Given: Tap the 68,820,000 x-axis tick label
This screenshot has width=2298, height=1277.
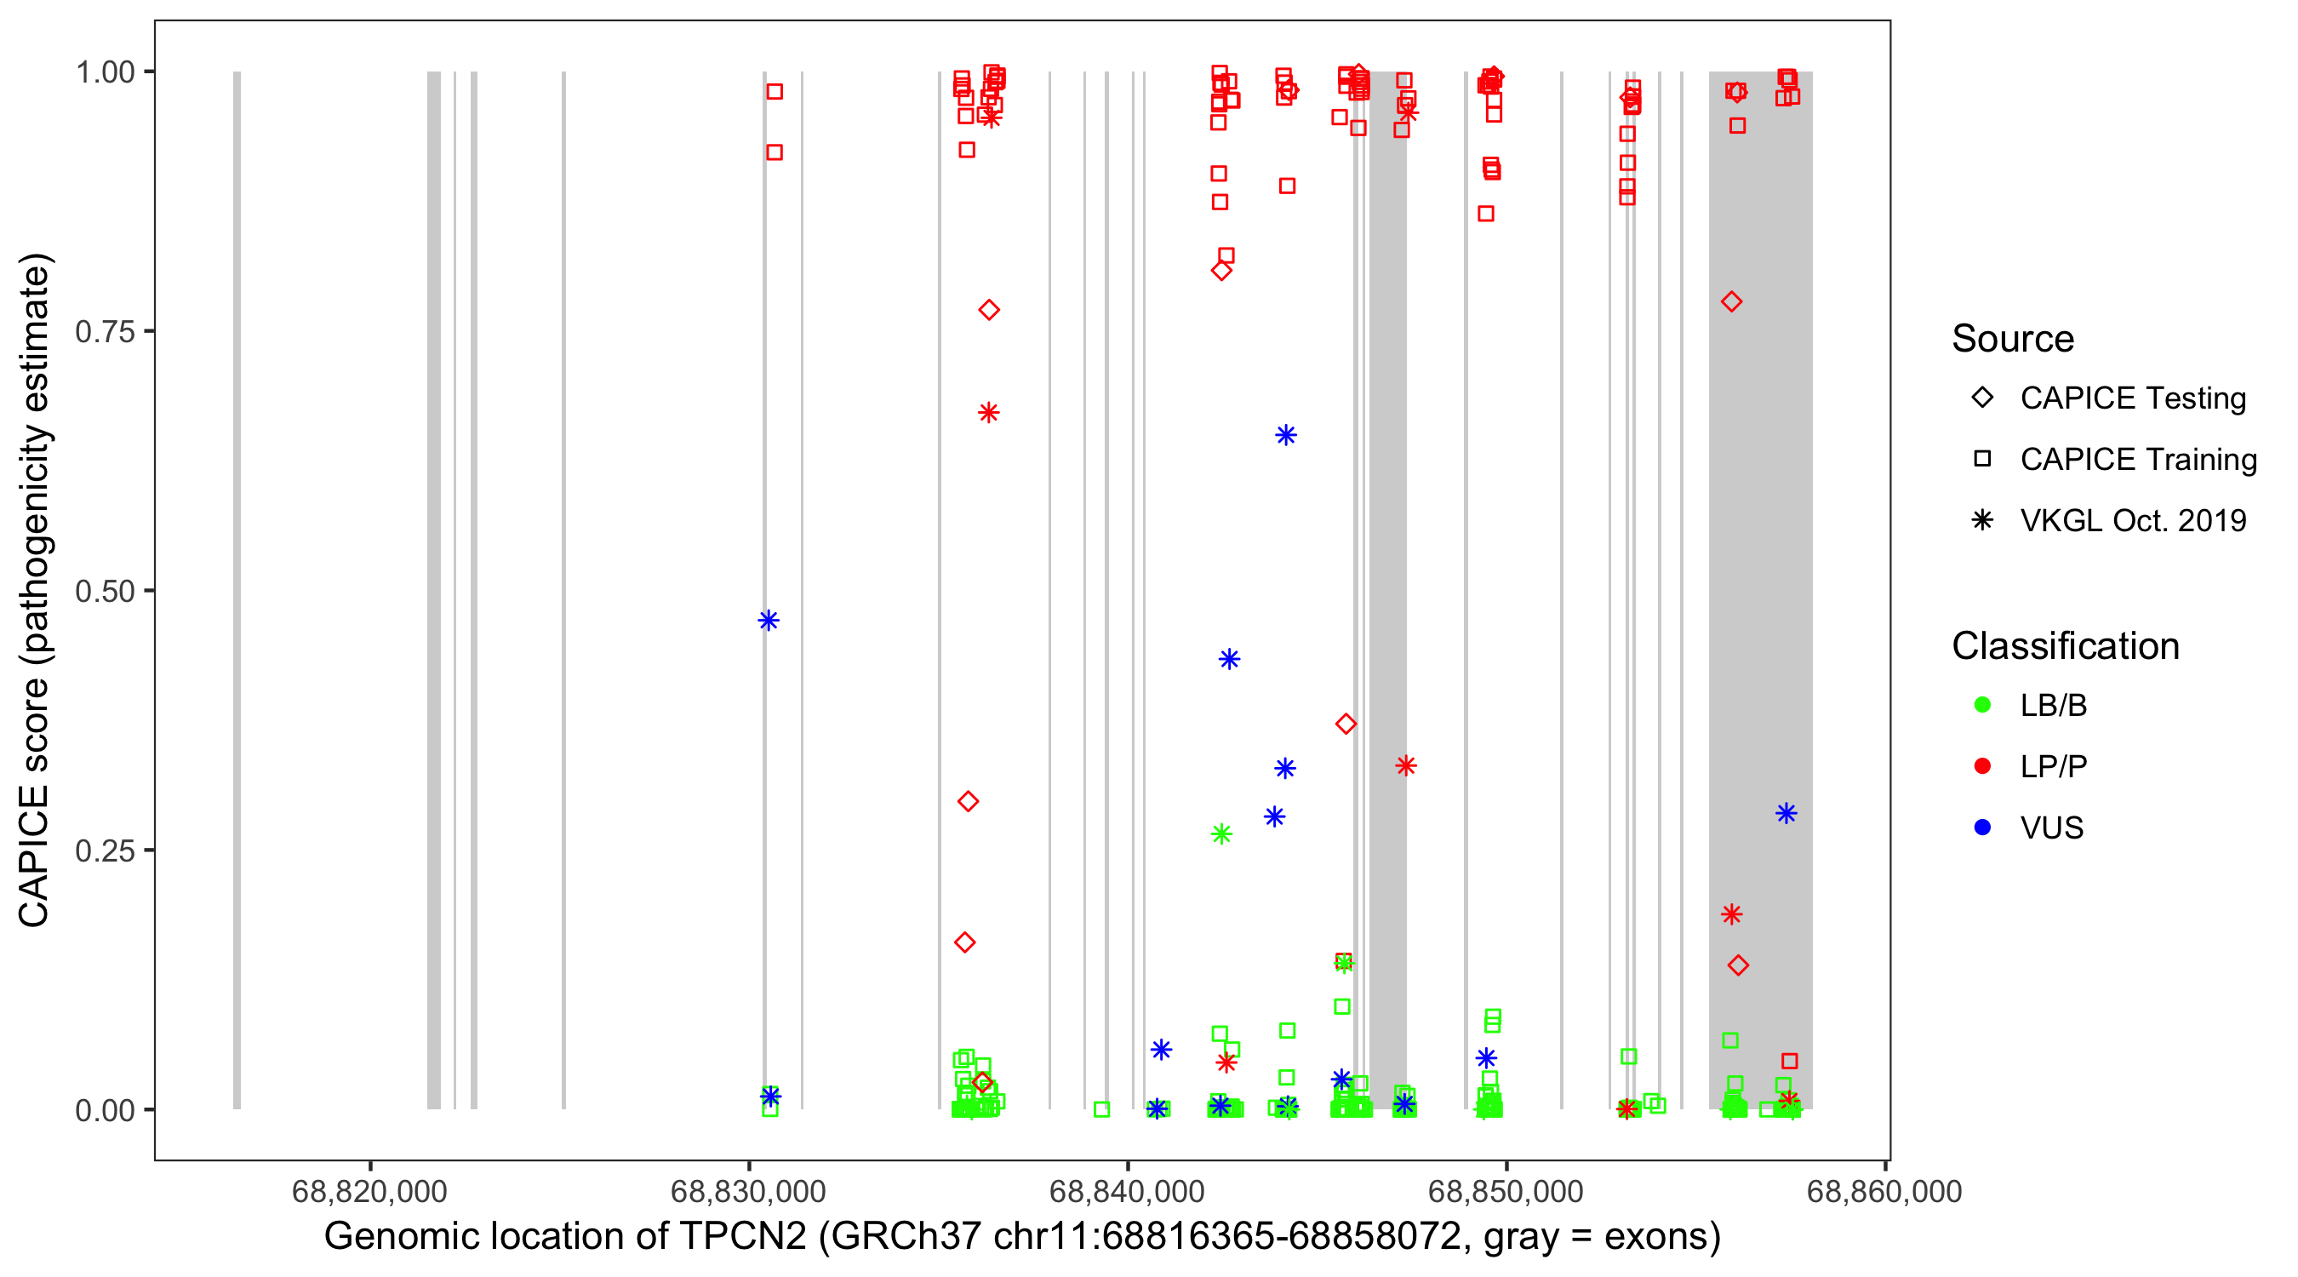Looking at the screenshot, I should (x=369, y=1192).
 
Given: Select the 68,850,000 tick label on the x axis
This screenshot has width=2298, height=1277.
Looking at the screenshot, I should (x=1506, y=1192).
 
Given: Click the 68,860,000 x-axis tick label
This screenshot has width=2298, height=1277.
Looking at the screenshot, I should (x=1884, y=1192).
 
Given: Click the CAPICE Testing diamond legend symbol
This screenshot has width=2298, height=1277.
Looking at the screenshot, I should (x=1982, y=398).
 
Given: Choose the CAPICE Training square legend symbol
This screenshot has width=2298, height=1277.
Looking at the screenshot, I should (x=1982, y=460).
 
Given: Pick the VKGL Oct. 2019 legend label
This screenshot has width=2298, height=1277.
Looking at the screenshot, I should (x=2133, y=521).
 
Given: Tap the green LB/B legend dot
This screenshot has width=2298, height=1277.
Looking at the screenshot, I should (x=1982, y=705).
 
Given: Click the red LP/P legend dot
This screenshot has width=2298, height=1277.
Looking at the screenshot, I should (x=1982, y=766).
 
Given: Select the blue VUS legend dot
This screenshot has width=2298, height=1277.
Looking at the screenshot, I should (x=1982, y=828).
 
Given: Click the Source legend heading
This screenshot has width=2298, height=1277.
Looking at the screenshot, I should (x=2013, y=339).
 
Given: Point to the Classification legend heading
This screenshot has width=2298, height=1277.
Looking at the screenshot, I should (x=2065, y=646).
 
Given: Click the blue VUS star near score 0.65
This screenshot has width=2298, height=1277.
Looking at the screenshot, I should (x=1285, y=436).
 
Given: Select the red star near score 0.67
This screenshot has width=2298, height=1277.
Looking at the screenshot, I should (x=988, y=413).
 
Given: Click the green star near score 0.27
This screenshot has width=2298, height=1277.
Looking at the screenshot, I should (x=1221, y=834).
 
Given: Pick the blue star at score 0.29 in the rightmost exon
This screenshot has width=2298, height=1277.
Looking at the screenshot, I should (x=1786, y=814).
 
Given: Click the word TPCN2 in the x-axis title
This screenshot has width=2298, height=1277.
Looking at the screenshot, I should (x=743, y=1237).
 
